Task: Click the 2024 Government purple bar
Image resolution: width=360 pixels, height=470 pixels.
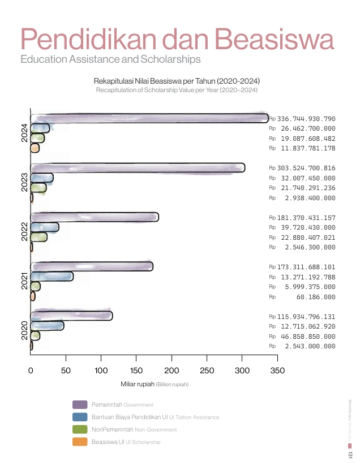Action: coord(149,118)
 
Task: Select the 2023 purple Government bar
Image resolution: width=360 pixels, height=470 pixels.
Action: coord(138,168)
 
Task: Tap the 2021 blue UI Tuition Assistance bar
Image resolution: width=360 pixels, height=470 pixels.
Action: coord(52,277)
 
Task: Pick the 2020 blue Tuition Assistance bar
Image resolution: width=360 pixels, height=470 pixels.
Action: coord(47,326)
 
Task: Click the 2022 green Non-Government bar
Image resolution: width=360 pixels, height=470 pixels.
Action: coord(38,237)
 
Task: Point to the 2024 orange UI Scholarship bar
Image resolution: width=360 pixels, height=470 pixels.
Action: coord(35,148)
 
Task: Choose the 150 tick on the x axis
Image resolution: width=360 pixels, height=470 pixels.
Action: coord(136,370)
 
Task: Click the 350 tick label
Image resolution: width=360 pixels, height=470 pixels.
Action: coord(277,370)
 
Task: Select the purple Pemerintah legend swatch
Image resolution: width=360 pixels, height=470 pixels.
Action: coord(80,404)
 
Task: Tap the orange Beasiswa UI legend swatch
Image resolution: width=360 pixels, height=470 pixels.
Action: coord(80,442)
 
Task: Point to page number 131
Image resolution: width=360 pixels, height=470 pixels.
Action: coord(350,454)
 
